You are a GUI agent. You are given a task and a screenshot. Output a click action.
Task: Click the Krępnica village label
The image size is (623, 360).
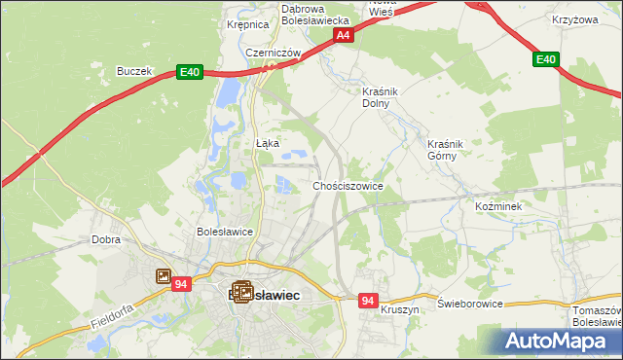[x=246, y=25]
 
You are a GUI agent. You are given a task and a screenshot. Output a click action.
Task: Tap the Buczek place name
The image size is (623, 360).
[x=134, y=71]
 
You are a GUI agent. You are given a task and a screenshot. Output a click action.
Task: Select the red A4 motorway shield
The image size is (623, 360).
[x=343, y=35]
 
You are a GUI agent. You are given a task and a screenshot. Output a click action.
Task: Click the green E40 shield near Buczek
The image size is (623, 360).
[x=190, y=72]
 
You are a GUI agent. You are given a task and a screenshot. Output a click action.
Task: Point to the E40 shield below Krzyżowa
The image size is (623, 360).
[x=546, y=60]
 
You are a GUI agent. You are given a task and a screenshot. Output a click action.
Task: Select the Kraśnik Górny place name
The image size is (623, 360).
[x=449, y=149]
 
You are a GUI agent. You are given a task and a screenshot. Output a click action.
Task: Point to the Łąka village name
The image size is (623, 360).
[x=267, y=143]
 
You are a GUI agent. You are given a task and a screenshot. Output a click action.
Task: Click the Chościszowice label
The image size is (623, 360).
[x=348, y=185]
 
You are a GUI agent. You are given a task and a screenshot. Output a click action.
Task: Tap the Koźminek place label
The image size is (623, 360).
[x=499, y=207]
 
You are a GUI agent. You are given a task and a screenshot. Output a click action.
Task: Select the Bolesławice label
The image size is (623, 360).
[x=225, y=233]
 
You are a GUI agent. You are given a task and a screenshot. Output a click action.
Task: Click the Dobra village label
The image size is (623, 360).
[x=105, y=238]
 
